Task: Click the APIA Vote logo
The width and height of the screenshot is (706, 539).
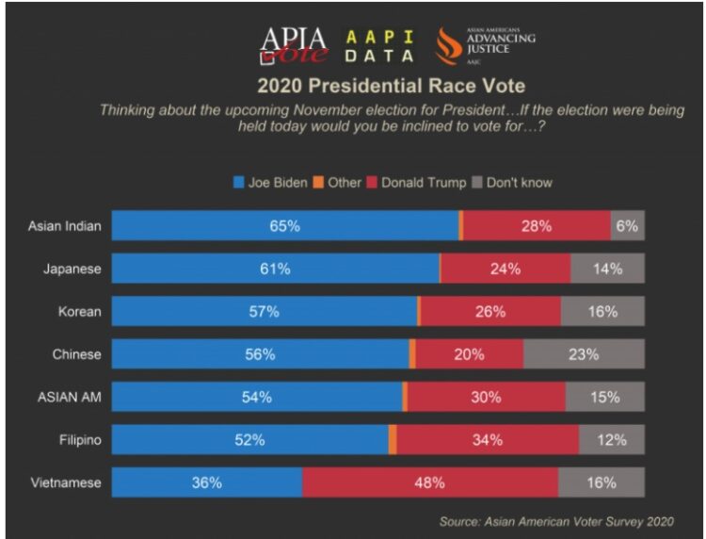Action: pyautogui.click(x=294, y=44)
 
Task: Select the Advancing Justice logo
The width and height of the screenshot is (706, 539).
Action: pyautogui.click(x=485, y=44)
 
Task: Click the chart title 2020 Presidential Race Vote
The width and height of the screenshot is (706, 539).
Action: pyautogui.click(x=392, y=88)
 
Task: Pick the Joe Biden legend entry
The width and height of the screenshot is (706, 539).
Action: pyautogui.click(x=270, y=182)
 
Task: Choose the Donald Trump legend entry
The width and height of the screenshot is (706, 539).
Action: pyautogui.click(x=415, y=182)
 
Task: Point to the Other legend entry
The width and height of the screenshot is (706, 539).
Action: pyautogui.click(x=337, y=182)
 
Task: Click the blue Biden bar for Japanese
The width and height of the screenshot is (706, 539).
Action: pyautogui.click(x=275, y=269)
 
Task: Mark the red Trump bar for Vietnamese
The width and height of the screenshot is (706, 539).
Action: pyautogui.click(x=429, y=482)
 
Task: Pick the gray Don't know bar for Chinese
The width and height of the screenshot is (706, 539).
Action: pyautogui.click(x=584, y=354)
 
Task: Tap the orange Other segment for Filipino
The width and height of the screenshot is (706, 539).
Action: pyautogui.click(x=393, y=440)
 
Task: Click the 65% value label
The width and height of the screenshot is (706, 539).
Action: pyautogui.click(x=284, y=226)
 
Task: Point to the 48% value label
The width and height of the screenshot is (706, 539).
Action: pyautogui.click(x=429, y=482)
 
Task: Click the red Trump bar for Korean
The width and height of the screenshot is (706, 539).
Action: pyautogui.click(x=489, y=312)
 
